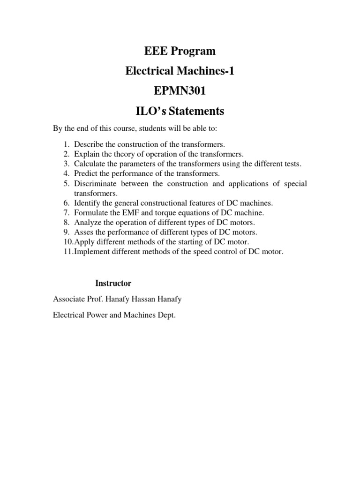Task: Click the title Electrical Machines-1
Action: (180, 71)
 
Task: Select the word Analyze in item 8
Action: (87, 222)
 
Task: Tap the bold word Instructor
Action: (113, 284)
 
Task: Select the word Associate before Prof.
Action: (68, 299)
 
